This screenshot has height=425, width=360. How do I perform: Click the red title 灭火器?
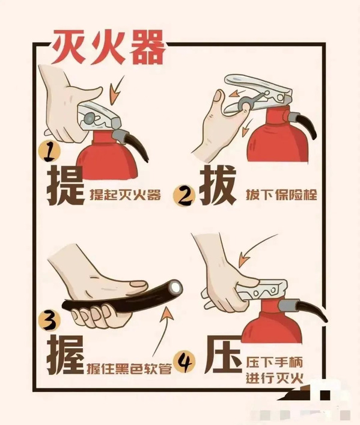tap(108, 47)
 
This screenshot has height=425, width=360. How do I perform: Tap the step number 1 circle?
tap(49, 152)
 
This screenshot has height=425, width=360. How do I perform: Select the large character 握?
tap(66, 355)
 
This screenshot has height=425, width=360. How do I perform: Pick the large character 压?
tap(223, 355)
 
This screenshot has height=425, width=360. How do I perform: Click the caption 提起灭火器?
tap(125, 195)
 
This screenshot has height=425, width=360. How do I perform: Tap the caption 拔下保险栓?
tap(281, 195)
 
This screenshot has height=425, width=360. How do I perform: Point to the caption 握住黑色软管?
tap(129, 369)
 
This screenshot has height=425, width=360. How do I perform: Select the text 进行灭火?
tap(274, 378)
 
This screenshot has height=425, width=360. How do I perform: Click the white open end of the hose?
tap(175, 287)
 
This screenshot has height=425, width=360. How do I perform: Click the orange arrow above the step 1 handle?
tap(115, 91)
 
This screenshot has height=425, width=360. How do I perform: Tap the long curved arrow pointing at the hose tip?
tap(163, 334)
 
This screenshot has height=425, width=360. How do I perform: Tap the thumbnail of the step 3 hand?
tap(138, 284)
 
